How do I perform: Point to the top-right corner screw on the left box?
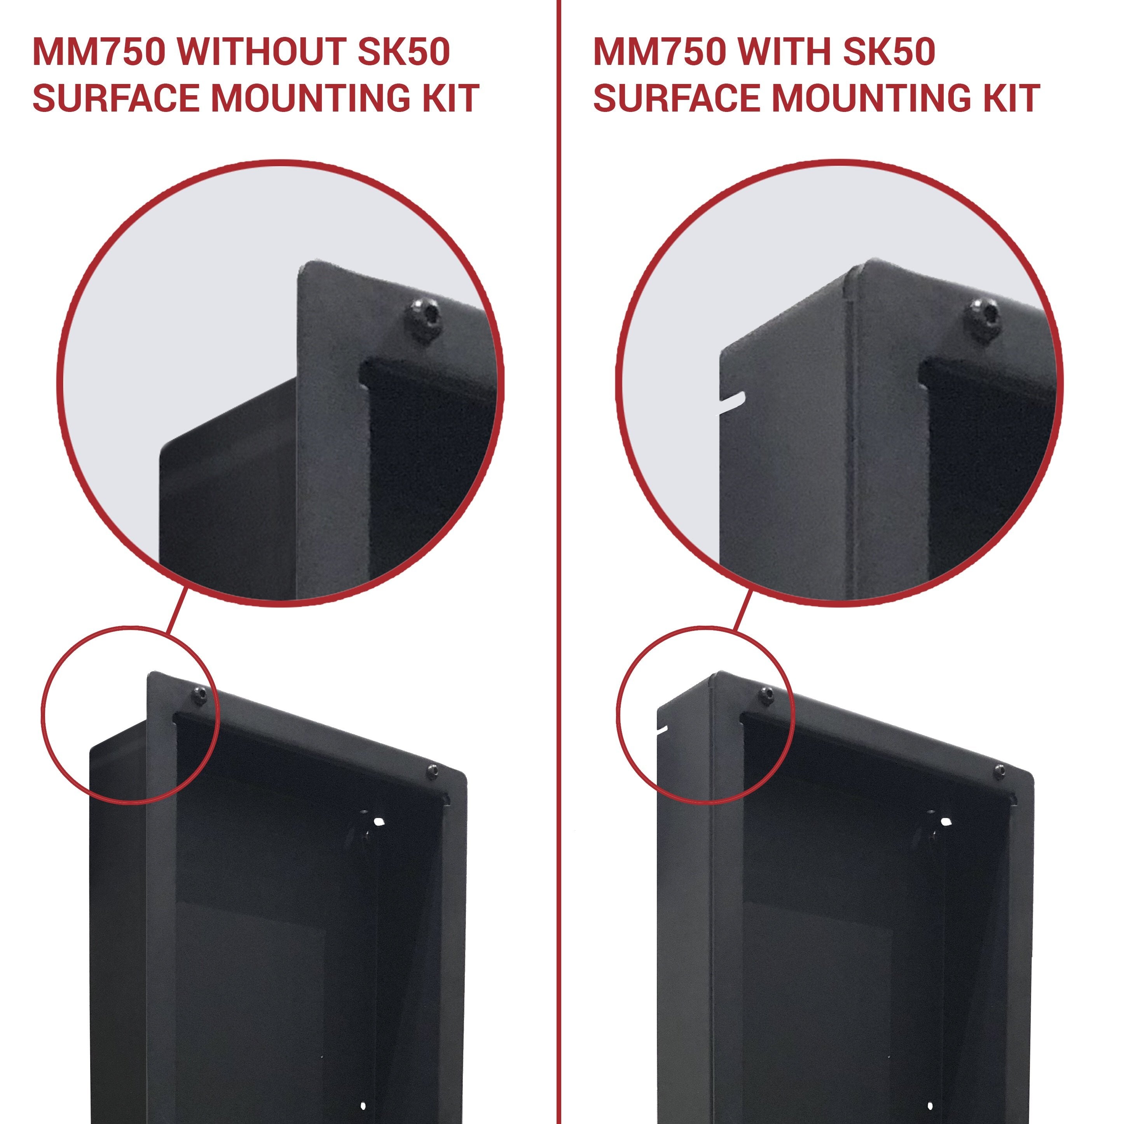(x=434, y=772)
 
